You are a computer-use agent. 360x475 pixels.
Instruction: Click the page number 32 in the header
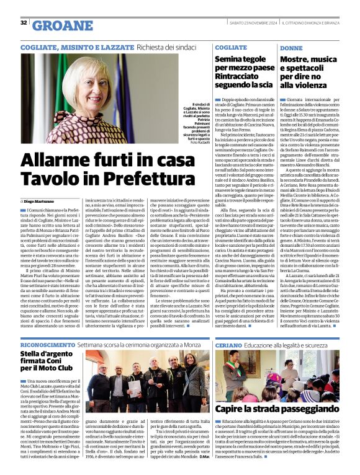(x=24, y=22)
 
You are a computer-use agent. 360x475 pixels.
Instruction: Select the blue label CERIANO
(x=229, y=343)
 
